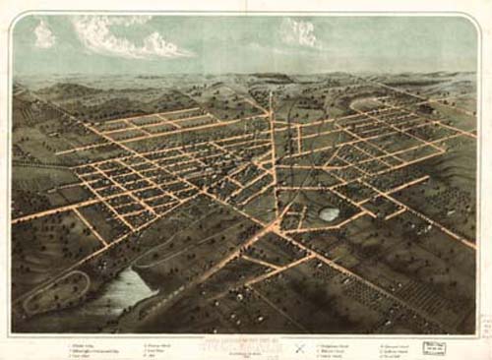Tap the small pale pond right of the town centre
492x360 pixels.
tap(329, 213)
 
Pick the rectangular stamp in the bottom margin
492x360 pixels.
tap(433, 346)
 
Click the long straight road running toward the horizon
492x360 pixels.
tap(274, 157)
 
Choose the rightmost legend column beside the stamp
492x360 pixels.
tap(393, 346)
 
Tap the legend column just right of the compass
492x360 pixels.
tap(335, 347)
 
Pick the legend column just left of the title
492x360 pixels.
tap(162, 347)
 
